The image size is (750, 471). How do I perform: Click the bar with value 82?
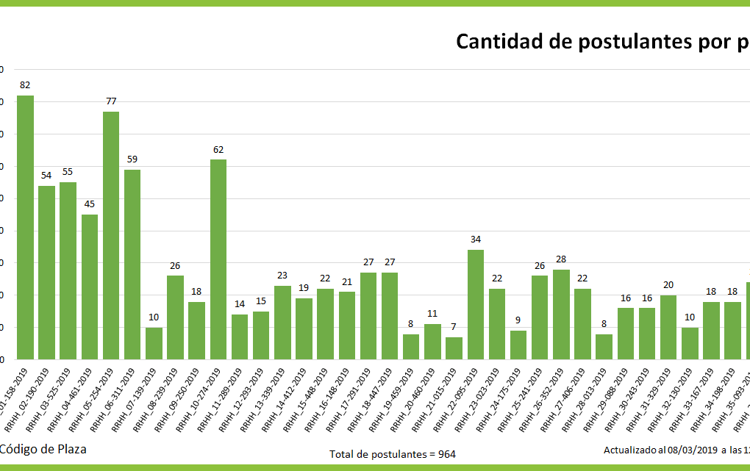(25, 227)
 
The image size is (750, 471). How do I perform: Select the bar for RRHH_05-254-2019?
(111, 235)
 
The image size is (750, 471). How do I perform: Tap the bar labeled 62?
(218, 259)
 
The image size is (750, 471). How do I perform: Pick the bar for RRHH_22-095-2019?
(476, 304)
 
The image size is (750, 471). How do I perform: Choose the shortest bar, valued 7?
(454, 348)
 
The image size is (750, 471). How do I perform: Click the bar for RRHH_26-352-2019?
(562, 314)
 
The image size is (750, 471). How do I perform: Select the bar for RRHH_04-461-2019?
(90, 287)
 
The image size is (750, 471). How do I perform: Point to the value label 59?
(132, 159)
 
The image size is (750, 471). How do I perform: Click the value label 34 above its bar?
(476, 240)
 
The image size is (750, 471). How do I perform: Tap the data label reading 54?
(46, 175)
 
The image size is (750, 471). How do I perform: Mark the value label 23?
(282, 275)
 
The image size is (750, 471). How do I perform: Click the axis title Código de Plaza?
(43, 449)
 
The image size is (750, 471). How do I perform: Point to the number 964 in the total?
(447, 454)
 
